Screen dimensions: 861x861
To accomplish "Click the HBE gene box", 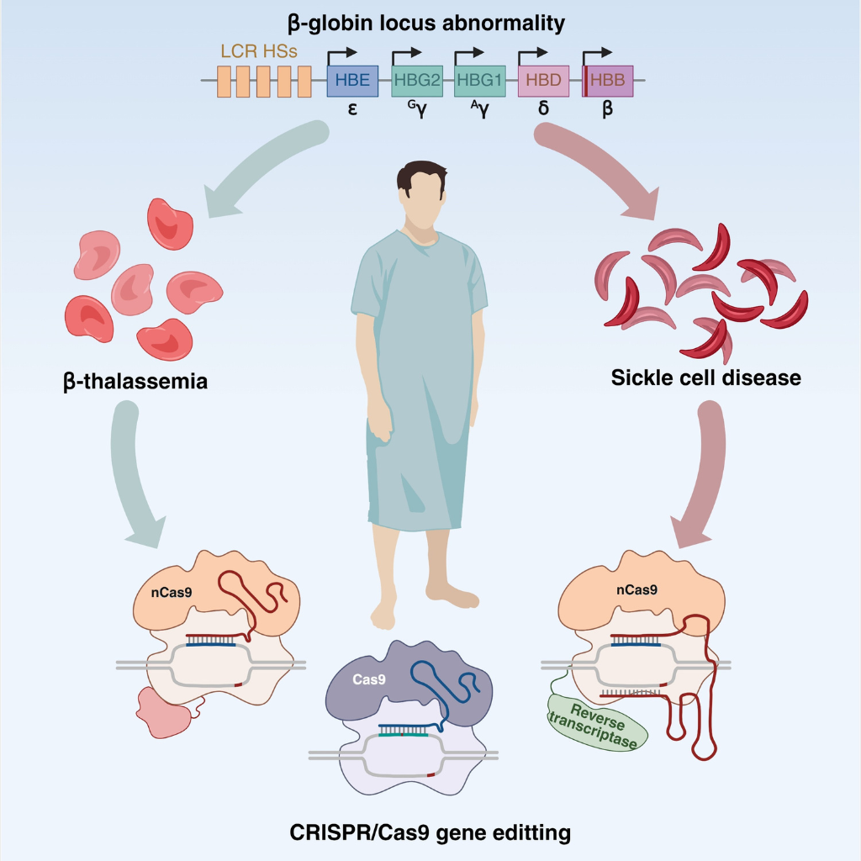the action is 352,81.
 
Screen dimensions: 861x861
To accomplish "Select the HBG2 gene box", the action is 417,81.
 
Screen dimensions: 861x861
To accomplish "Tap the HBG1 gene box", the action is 480,81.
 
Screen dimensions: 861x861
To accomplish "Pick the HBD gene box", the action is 544,81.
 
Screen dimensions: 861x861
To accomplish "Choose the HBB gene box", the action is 607,81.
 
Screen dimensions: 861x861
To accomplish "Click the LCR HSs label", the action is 259,51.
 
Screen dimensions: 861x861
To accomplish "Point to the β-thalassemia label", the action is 135,382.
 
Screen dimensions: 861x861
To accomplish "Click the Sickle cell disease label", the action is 706,378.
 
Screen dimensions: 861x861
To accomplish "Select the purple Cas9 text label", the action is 369,679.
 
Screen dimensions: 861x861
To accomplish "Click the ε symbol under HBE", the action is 352,109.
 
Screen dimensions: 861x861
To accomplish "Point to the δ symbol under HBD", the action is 544,108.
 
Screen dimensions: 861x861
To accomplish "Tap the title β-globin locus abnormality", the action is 426,24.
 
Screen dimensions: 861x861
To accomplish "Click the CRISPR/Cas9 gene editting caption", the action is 430,833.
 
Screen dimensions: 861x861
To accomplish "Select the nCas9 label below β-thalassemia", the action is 172,593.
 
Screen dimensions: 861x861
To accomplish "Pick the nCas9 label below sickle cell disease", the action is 637,589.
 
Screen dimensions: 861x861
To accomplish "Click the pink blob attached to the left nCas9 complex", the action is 163,712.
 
